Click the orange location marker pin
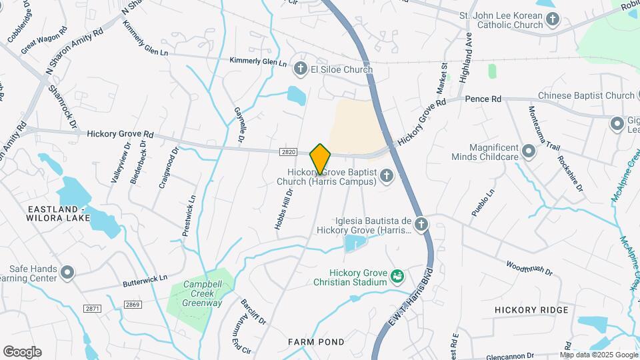(321, 159)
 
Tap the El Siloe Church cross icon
(301, 68)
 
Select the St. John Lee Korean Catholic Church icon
(553, 19)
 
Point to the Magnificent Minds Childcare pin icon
(529, 151)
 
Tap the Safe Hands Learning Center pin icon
(67, 272)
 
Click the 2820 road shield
(288, 152)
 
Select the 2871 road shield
(93, 308)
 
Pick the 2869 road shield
(132, 305)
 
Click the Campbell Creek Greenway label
(203, 294)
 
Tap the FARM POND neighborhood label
(316, 342)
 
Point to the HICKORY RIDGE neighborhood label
(531, 310)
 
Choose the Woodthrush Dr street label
(529, 268)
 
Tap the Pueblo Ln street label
(483, 203)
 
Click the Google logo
(22, 352)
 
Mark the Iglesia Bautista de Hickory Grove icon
(421, 224)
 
